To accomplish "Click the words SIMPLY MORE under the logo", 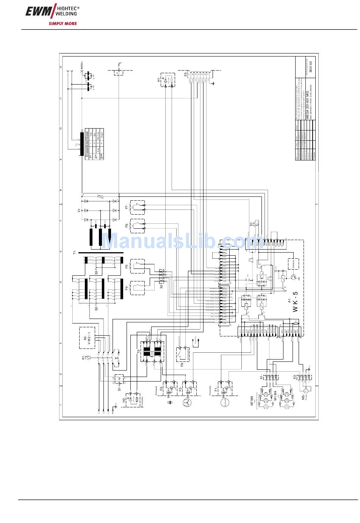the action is click(63, 24).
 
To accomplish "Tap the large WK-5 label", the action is click(296, 302).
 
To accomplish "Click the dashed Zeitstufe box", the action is click(293, 264).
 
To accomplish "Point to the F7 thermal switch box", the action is click(138, 207).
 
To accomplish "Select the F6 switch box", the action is click(138, 226).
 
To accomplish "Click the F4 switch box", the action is click(138, 288).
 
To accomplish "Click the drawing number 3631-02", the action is click(311, 66).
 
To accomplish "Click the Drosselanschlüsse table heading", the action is click(87, 145).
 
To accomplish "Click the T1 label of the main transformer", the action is click(75, 253).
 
